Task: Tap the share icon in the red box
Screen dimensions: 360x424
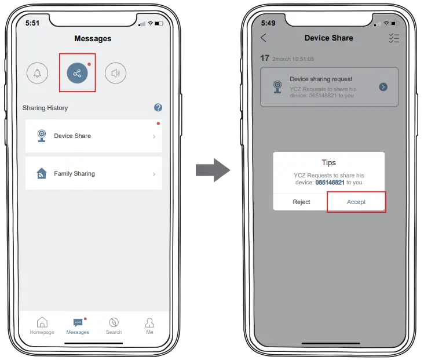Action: click(77, 73)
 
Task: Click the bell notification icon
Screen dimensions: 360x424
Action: click(38, 73)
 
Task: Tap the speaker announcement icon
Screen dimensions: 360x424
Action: click(115, 73)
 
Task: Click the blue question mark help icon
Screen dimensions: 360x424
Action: click(158, 108)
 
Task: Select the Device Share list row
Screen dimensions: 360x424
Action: click(93, 136)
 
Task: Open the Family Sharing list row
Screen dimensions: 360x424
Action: click(93, 173)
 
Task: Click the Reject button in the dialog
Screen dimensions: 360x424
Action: click(301, 202)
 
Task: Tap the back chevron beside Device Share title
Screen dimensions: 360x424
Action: click(264, 38)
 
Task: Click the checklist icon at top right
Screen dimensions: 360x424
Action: click(394, 38)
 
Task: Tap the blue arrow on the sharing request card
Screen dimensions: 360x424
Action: click(383, 87)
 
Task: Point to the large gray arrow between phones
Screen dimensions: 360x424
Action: click(213, 170)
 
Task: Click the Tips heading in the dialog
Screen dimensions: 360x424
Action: click(328, 163)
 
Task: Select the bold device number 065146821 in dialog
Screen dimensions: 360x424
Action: click(330, 182)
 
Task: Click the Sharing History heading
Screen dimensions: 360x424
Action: click(45, 108)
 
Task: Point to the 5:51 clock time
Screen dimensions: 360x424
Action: click(34, 23)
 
